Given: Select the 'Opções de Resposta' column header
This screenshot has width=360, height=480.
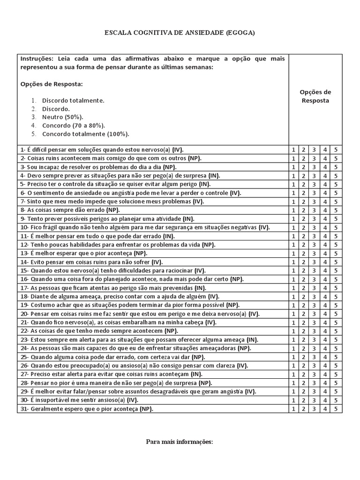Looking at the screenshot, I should point(315,96).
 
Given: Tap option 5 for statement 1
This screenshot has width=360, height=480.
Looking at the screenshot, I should point(336,150).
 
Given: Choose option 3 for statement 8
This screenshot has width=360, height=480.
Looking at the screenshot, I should point(315,210).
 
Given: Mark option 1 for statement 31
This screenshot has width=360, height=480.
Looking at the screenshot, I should point(293,409).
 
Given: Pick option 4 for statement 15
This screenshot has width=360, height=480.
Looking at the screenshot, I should point(325,270).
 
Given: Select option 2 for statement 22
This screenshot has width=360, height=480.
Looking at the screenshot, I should point(304,331).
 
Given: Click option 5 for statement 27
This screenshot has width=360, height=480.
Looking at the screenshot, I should point(336,374).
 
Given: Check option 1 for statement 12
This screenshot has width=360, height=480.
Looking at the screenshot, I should point(293,245).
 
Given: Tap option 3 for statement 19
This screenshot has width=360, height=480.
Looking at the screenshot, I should point(315,305).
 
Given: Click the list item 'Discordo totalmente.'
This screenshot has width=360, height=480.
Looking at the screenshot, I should point(73,100).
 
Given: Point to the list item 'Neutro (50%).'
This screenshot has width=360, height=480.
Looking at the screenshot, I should point(63,117).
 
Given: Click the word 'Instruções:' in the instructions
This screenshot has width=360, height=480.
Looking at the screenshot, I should point(36,59).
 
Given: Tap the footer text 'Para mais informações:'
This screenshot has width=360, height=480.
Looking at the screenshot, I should point(180,442).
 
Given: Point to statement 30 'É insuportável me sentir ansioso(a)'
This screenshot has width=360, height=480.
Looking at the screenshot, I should point(79,400).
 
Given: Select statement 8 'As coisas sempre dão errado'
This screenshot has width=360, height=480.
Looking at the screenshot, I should point(70,210).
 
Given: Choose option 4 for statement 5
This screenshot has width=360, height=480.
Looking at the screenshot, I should point(325,184).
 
